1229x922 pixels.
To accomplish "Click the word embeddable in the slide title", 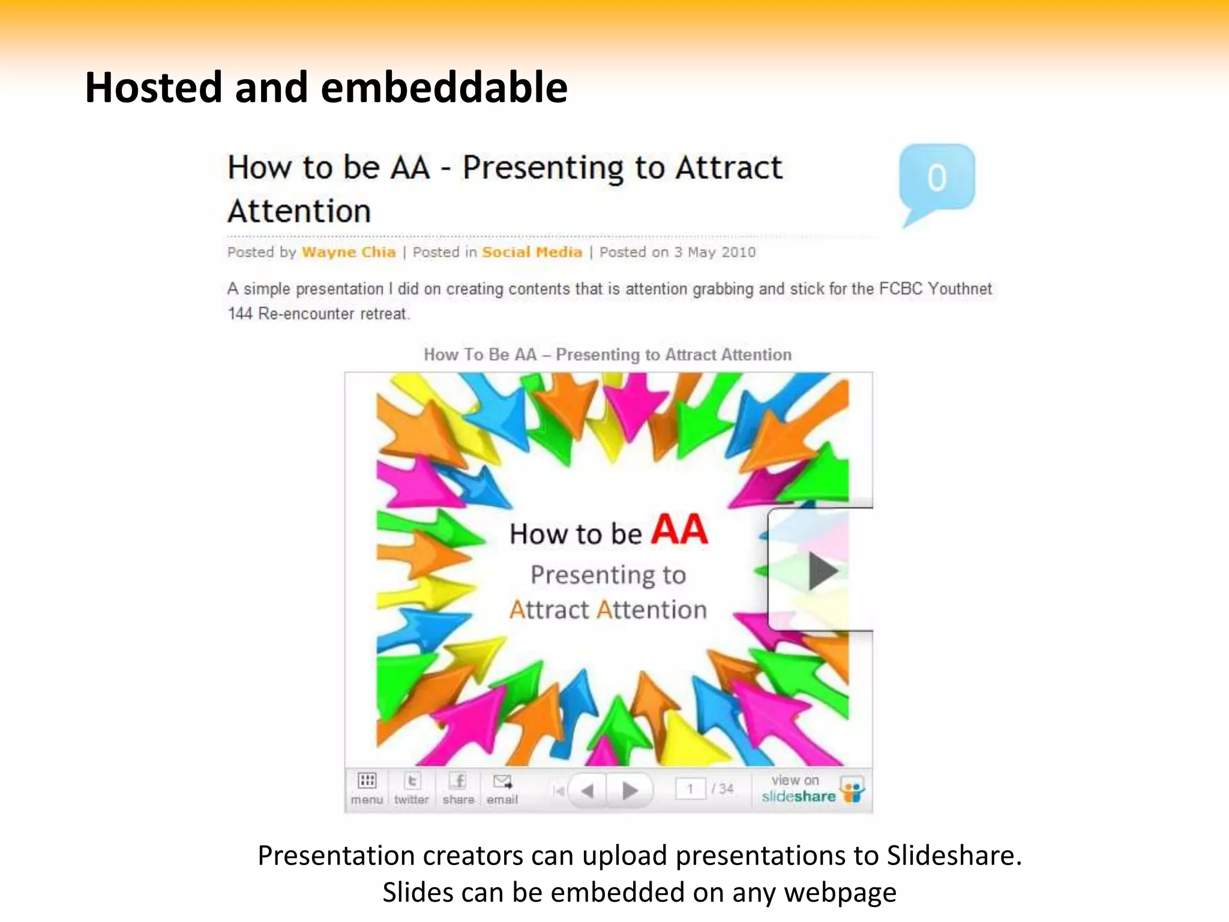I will coord(444,88).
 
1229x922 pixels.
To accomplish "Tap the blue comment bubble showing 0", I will coord(937,178).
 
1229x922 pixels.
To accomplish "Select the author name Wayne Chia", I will coord(349,252).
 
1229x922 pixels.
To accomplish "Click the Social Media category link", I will coord(532,252).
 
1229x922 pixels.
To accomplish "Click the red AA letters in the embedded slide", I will coord(679,530).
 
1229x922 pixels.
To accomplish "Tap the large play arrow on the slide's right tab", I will coord(823,570).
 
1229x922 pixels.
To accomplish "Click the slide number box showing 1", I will coord(691,789).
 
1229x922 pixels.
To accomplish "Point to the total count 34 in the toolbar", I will coord(727,789).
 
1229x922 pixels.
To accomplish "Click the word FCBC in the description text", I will coord(900,289).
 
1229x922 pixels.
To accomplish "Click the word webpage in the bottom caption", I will coord(840,893).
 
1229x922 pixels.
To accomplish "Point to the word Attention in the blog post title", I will coord(299,211).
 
